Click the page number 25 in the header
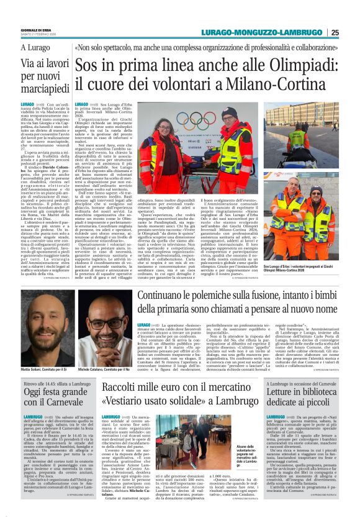(352, 32)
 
